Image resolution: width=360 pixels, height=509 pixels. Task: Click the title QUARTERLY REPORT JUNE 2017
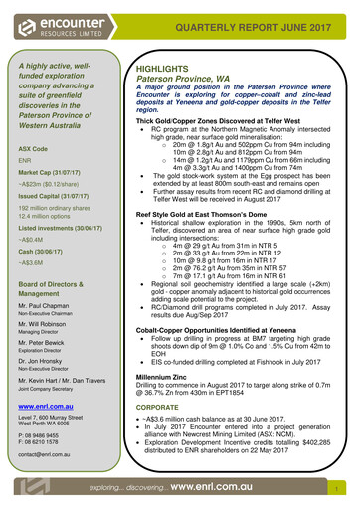(267, 27)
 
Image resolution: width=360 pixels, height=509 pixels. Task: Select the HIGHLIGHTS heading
(163, 73)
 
